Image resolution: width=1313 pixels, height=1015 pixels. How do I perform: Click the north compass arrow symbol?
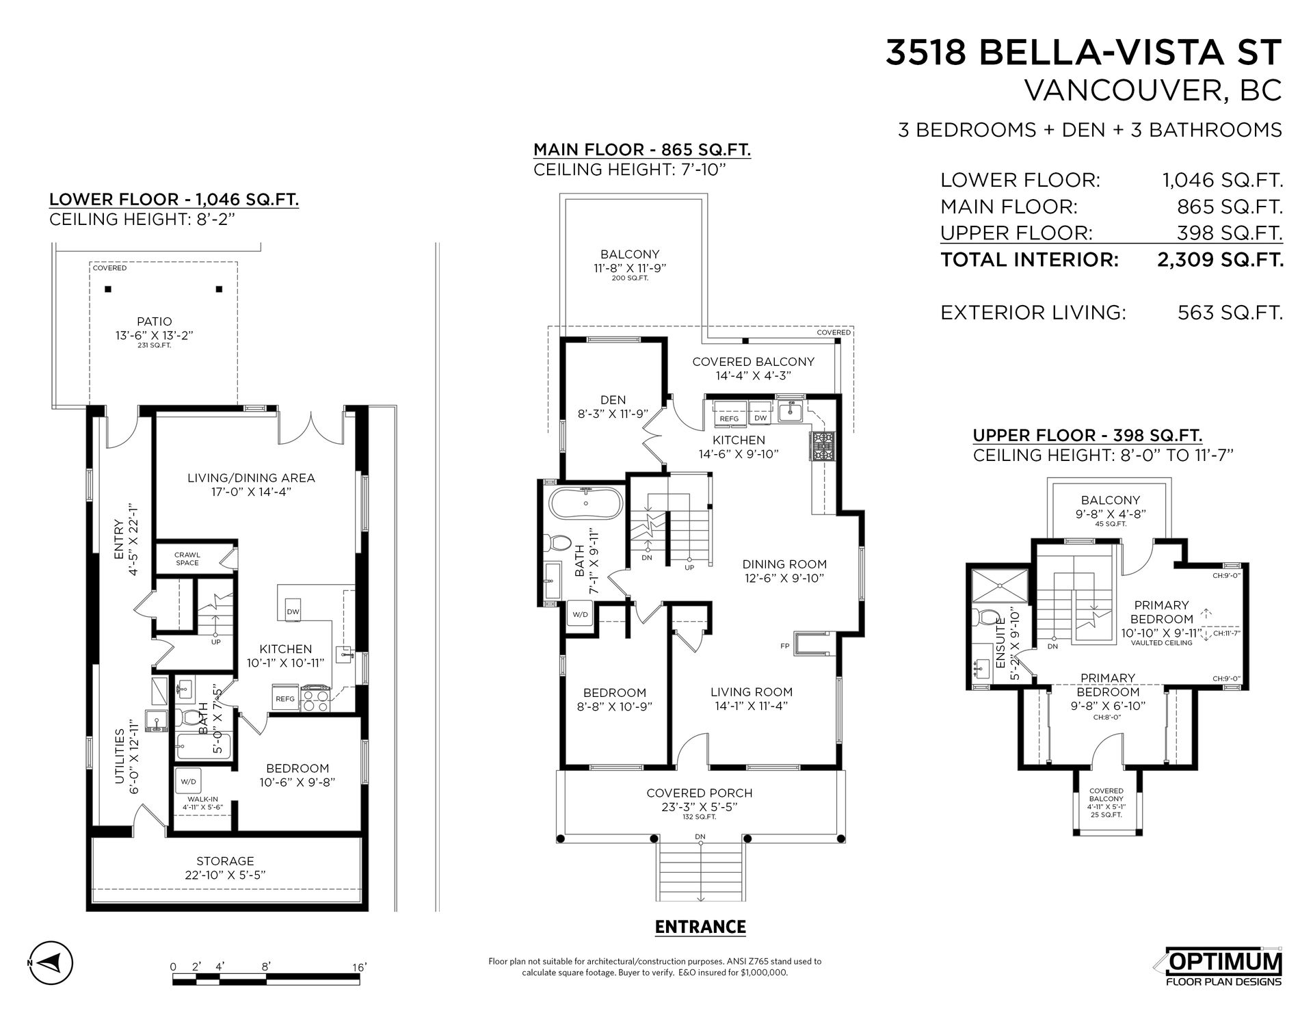[51, 963]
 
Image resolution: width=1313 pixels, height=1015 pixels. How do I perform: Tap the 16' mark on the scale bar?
[360, 966]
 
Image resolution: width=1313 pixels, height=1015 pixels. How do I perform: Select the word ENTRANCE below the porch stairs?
[700, 927]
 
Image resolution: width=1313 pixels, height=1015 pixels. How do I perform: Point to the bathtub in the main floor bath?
[586, 503]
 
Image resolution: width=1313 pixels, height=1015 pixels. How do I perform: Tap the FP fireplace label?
[784, 646]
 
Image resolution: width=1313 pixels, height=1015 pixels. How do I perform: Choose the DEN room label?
[613, 400]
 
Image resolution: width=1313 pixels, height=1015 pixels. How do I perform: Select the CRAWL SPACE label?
[187, 559]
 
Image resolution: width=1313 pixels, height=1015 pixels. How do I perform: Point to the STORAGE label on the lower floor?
[225, 861]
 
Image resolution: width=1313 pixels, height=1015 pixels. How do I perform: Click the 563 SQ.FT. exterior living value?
[1230, 313]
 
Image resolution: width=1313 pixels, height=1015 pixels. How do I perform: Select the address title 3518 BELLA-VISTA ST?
[1083, 53]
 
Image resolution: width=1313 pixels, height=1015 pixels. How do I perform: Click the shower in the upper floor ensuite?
[999, 585]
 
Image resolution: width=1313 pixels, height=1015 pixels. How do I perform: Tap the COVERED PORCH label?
[700, 793]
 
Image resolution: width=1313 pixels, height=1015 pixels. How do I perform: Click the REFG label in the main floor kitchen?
[729, 419]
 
